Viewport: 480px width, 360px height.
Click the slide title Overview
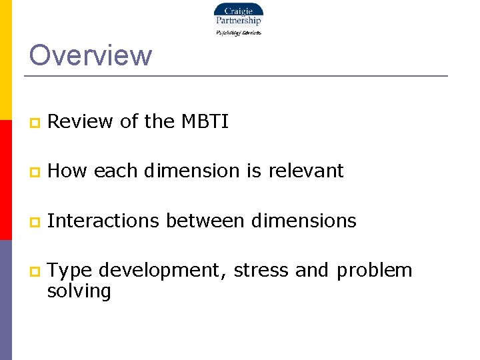coord(91,55)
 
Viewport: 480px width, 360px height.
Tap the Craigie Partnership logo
coord(238,19)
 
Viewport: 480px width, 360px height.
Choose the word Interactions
coord(104,220)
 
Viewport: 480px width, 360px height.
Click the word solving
coord(79,291)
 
